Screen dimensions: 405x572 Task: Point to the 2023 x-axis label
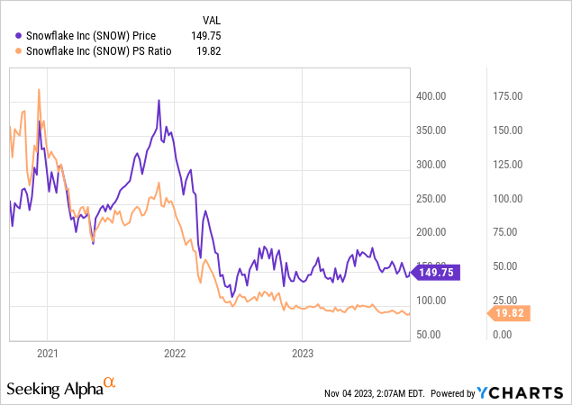tap(301, 353)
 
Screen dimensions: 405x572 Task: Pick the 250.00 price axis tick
tap(433, 198)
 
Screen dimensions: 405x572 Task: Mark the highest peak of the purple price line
tap(159, 100)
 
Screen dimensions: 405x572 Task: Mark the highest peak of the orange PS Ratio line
tap(38, 89)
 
